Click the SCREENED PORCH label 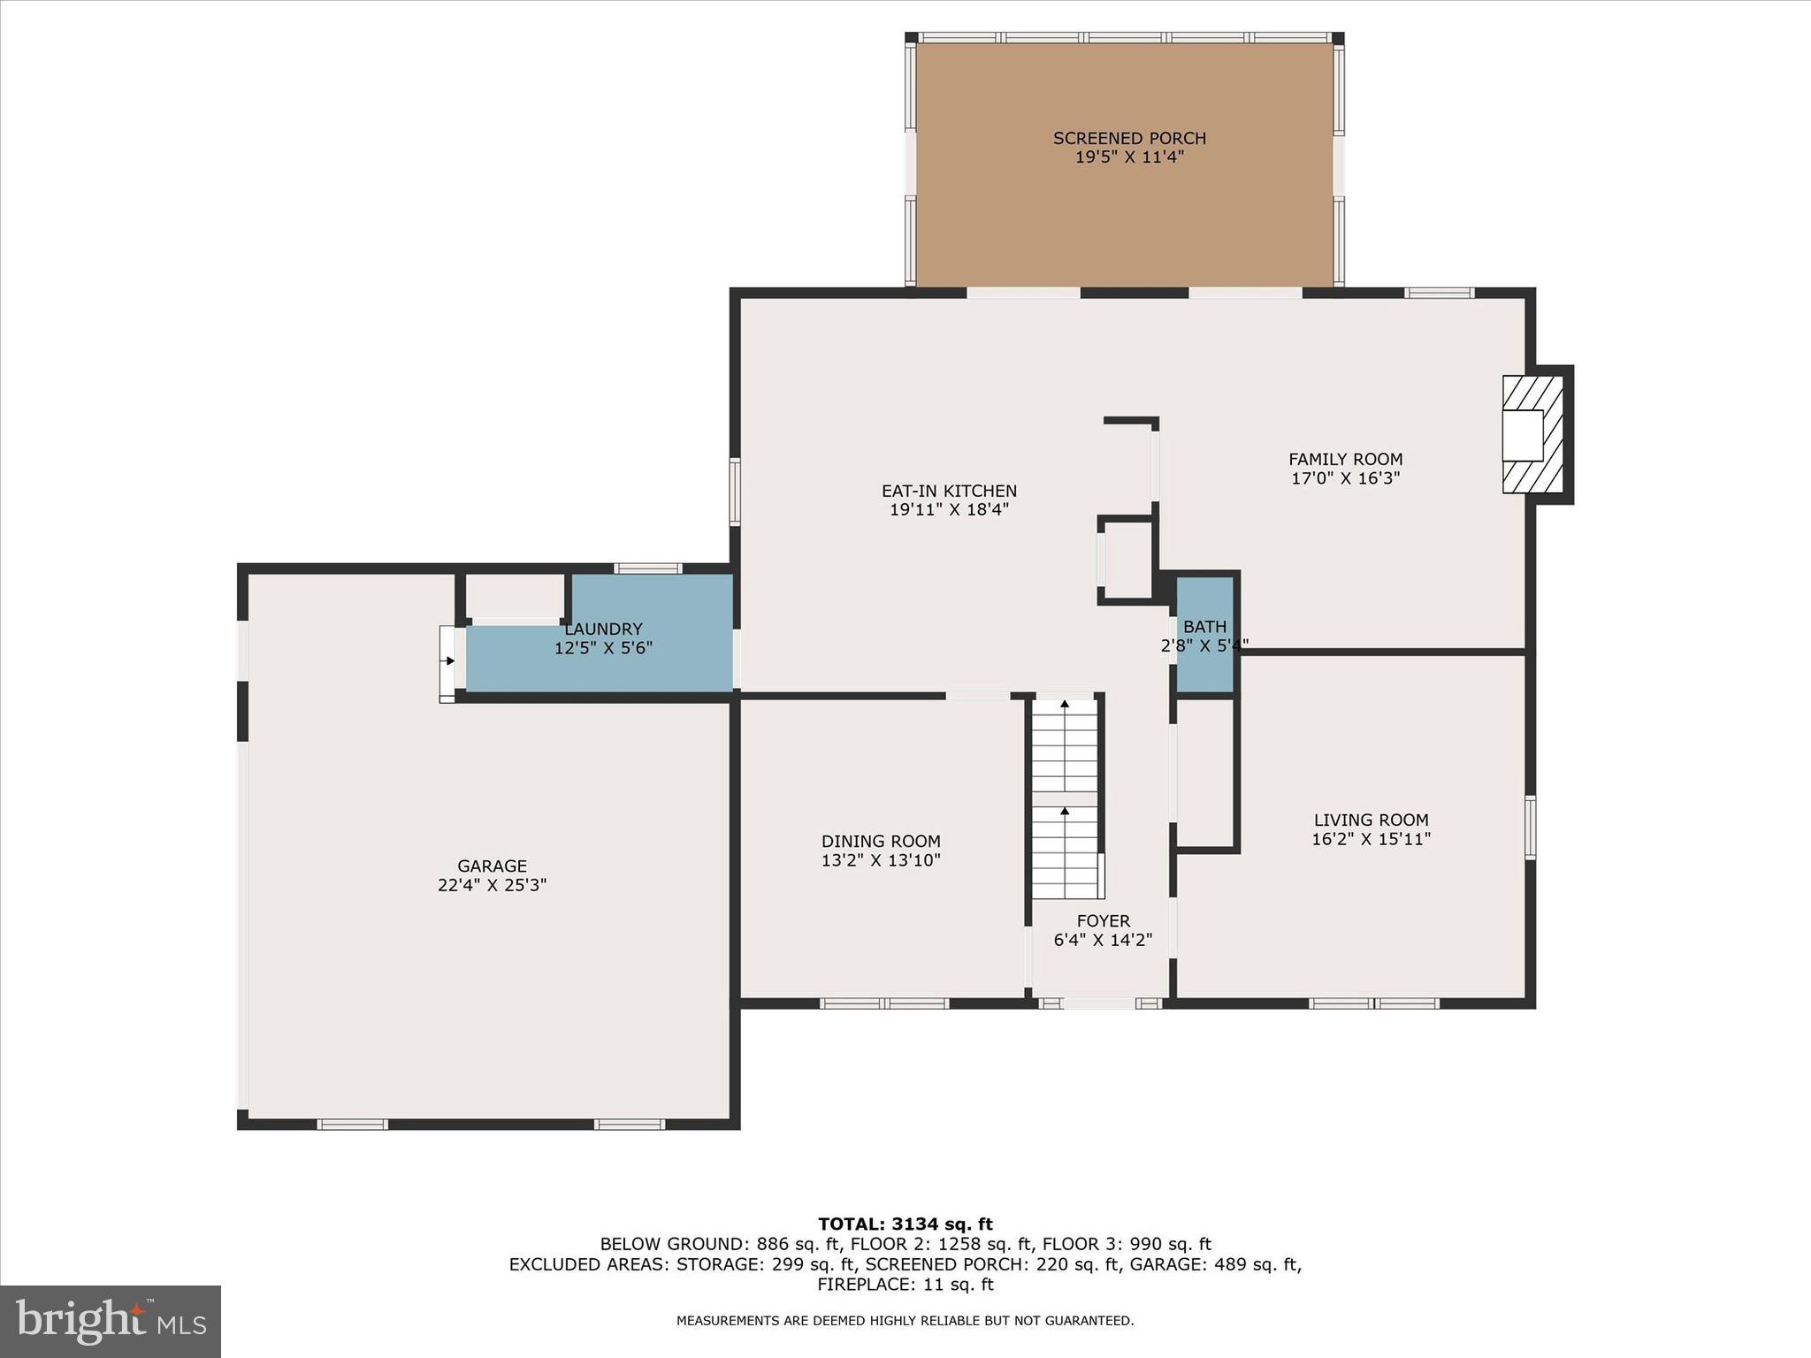[1129, 138]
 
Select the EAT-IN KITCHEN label [949, 491]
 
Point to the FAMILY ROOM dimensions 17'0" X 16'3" [1345, 479]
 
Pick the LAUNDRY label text [603, 629]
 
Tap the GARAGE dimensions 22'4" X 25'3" [492, 885]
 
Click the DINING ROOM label [881, 841]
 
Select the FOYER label [1103, 920]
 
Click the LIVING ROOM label [1371, 820]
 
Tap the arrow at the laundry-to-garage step [449, 660]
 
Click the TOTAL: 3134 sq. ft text [905, 1224]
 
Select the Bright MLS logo [111, 1321]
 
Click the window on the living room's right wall [1530, 827]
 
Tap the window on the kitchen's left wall [734, 492]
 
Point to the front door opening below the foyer [1099, 1003]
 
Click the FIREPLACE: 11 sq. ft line [905, 1285]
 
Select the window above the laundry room [648, 568]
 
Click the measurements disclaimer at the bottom [905, 1321]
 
